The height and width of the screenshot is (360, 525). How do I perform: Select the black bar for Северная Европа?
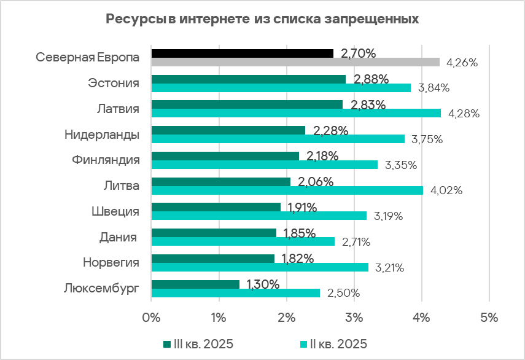242,53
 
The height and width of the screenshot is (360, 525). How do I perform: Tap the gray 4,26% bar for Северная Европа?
295,62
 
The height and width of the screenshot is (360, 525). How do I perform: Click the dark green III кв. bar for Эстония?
248,79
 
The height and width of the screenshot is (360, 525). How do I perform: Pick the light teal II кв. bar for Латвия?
296,113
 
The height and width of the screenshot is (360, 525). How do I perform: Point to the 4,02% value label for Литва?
446,190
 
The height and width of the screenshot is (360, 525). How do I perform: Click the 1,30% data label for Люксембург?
263,284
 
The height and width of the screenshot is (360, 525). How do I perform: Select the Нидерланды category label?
102,135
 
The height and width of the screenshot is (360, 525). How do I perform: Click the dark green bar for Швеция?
216,207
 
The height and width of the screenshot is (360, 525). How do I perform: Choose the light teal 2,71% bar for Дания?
243,241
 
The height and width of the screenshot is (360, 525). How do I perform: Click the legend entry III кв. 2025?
198,343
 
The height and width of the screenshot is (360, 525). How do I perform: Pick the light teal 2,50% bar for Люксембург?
235,293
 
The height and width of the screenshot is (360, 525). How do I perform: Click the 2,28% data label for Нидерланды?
331,131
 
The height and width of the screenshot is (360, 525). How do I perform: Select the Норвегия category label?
111,263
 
